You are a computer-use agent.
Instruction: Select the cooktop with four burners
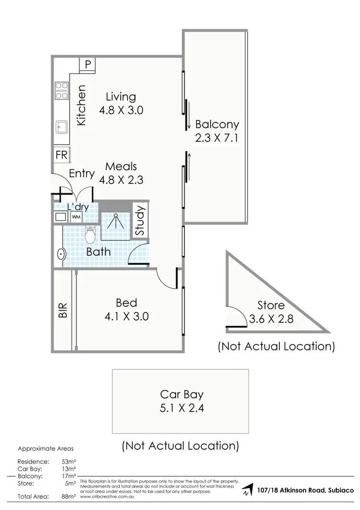[x=61, y=90]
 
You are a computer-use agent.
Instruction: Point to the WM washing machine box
[x=76, y=217]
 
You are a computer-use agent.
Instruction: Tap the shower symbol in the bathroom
[x=115, y=221]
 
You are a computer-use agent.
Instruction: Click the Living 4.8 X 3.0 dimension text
[x=121, y=110]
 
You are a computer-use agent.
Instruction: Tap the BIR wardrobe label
[x=62, y=311]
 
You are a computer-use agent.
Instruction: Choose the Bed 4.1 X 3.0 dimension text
[x=126, y=316]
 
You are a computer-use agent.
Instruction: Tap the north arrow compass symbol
[x=247, y=490]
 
